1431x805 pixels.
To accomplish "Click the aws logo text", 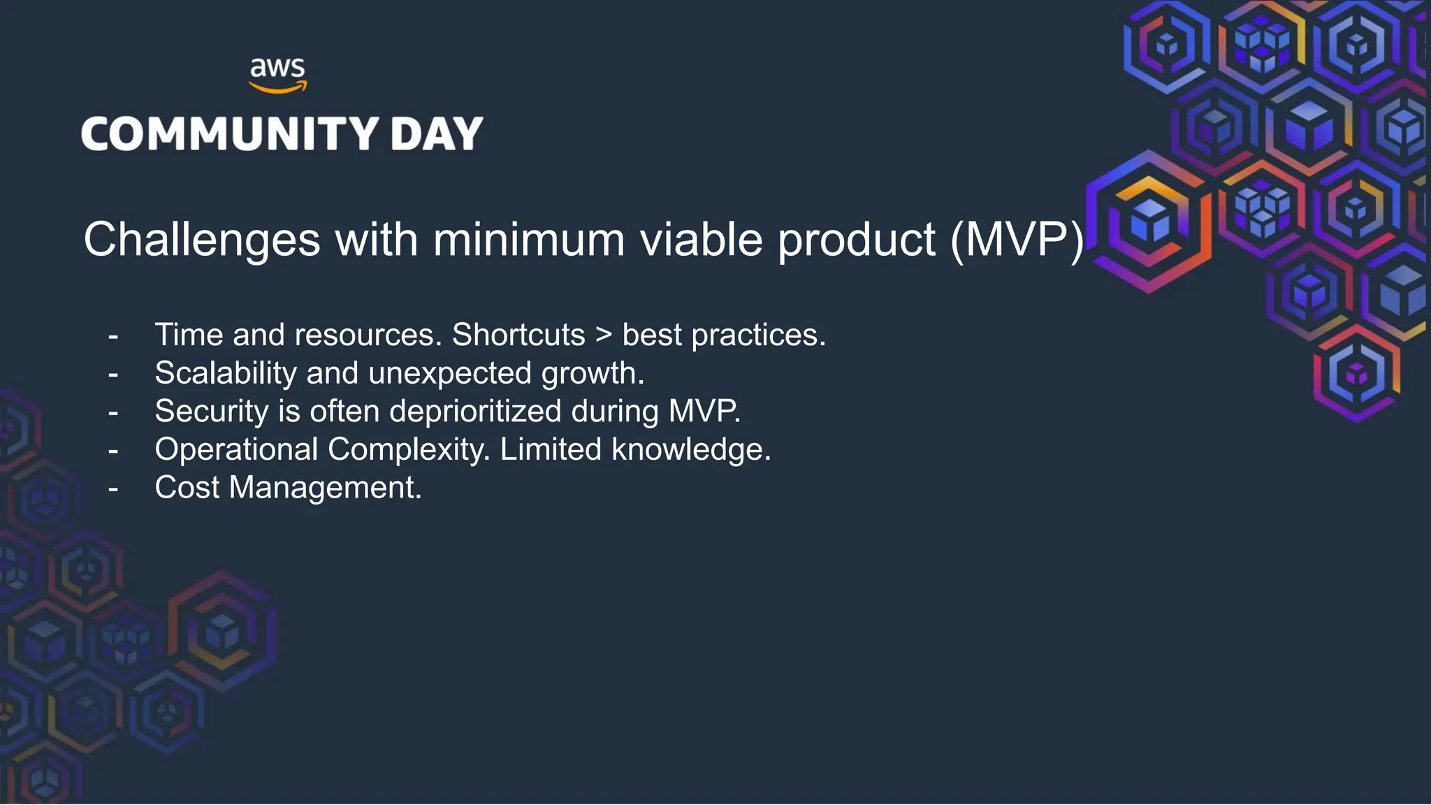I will click(277, 68).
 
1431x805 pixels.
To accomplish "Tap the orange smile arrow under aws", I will click(278, 88).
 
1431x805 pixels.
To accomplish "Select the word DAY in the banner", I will click(437, 133).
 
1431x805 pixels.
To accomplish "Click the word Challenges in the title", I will click(202, 240).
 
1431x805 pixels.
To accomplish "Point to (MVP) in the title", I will click(1017, 240).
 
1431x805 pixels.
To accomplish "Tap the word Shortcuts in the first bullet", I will click(518, 335).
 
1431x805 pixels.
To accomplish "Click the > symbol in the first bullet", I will click(603, 335).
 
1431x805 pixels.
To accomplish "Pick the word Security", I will click(211, 412).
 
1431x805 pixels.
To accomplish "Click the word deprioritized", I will click(475, 412).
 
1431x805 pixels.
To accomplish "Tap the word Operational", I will click(236, 449).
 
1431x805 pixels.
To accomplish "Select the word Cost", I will click(187, 487).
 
